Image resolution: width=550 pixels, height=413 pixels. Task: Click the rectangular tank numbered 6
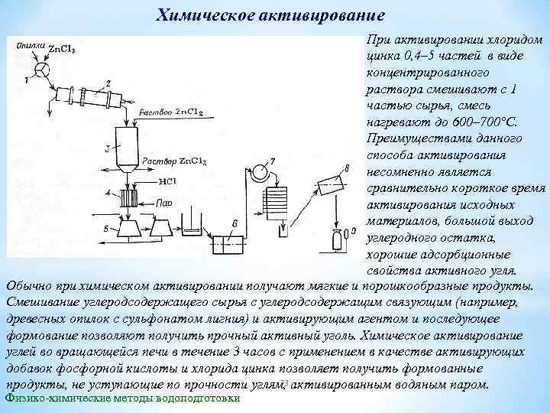pyautogui.click(x=226, y=244)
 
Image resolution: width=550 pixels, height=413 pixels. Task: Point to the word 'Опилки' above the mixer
pyautogui.click(x=30, y=45)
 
